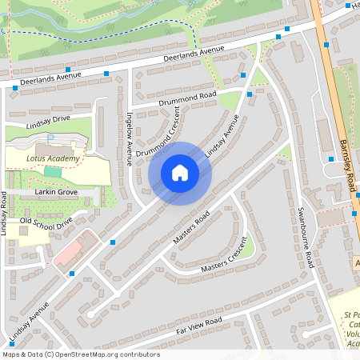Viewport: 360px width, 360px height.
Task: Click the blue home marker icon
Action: [180, 173]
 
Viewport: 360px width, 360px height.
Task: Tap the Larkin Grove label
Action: [55, 193]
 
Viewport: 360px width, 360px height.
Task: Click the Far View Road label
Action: [198, 325]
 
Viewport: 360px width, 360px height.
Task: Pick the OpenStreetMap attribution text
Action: [80, 354]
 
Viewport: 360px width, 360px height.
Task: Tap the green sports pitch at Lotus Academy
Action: [52, 171]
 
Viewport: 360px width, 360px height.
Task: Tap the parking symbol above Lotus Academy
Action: [50, 138]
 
